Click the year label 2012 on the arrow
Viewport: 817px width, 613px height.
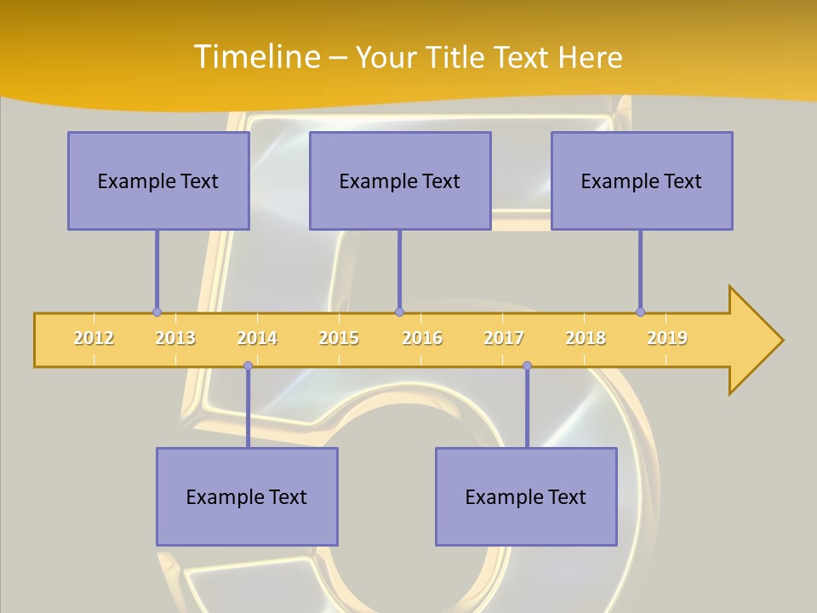[x=94, y=338]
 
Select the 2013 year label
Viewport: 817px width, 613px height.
[x=175, y=338]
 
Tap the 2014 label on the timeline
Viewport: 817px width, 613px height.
[x=257, y=338]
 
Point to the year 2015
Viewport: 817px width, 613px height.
[x=339, y=338]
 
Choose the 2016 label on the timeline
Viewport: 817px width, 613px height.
[x=422, y=338]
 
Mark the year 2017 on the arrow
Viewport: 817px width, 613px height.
[x=504, y=338]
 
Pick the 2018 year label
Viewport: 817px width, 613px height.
[x=586, y=338]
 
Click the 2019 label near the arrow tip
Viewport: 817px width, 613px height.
[x=667, y=338]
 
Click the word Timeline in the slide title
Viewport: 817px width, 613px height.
[x=254, y=56]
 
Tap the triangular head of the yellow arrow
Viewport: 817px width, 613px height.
[x=754, y=341]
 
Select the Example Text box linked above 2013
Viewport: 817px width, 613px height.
[x=158, y=180]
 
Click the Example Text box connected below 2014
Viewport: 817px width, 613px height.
[x=247, y=496]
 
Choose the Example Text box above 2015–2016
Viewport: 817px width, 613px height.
[x=400, y=180]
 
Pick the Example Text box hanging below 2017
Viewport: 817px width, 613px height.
[x=526, y=496]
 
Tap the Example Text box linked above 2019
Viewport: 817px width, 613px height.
[x=642, y=180]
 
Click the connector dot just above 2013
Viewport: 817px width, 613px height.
[x=157, y=312]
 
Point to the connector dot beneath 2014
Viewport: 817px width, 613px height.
[x=248, y=366]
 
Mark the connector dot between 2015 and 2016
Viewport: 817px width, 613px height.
[x=399, y=312]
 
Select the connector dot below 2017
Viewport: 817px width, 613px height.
[x=527, y=366]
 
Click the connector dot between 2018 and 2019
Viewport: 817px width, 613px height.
[x=640, y=312]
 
